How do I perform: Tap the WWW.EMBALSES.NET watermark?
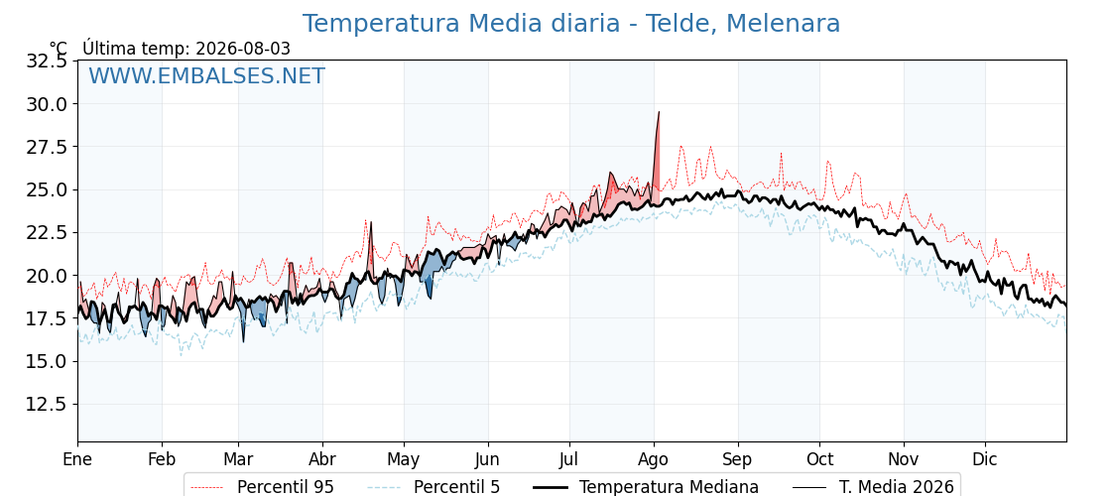[x=206, y=75]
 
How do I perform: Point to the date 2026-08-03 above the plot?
[x=243, y=49]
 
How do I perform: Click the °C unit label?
[x=59, y=49]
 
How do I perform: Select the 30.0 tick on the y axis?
[x=48, y=104]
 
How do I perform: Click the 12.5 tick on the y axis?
[x=48, y=405]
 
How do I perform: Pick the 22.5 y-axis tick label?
[x=48, y=233]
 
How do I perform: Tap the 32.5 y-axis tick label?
[x=48, y=61]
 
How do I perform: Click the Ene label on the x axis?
[x=77, y=460]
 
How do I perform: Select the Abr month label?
[x=322, y=460]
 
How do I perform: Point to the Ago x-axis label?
[x=654, y=460]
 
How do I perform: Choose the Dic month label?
[x=985, y=460]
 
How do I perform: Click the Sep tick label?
[x=738, y=460]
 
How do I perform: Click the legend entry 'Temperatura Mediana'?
[x=644, y=487]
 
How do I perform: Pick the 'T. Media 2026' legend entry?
[x=873, y=487]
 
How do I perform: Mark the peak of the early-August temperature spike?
[x=659, y=112]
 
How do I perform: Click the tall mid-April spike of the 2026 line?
[x=371, y=222]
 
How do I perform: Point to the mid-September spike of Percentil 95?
[x=781, y=153]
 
